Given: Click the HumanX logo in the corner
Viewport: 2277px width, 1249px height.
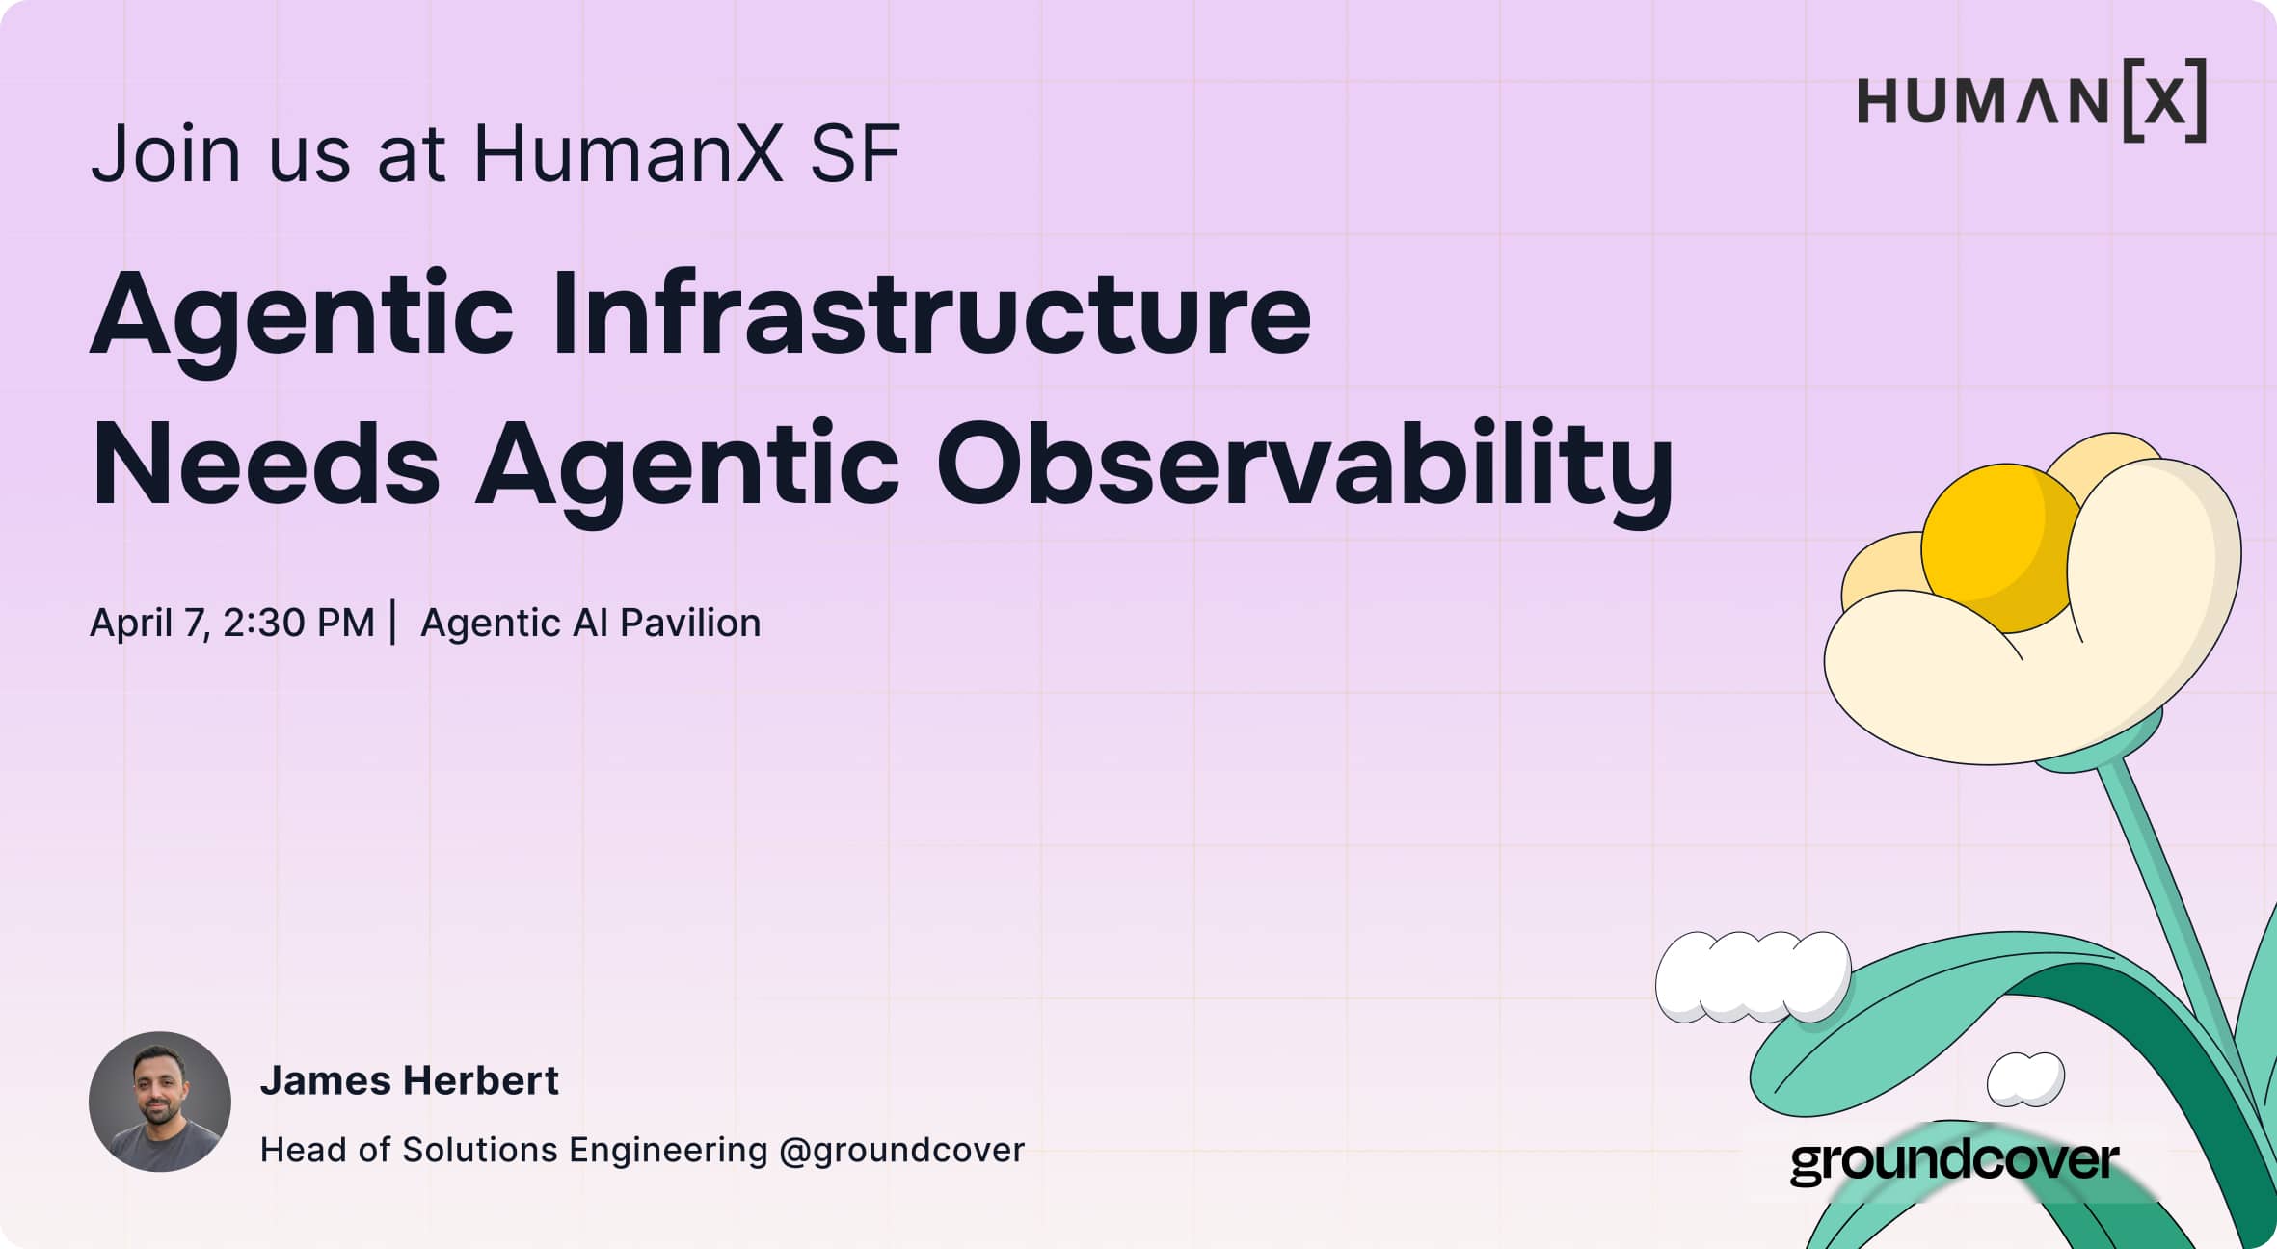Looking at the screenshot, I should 2030,100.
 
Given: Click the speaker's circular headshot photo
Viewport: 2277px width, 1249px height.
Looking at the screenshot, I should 160,1102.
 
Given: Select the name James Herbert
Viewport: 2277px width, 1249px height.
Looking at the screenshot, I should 409,1080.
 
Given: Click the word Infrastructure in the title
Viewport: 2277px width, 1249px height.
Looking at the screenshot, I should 931,313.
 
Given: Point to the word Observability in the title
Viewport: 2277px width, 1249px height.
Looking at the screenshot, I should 1304,465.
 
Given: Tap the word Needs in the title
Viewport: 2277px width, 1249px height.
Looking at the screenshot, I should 265,465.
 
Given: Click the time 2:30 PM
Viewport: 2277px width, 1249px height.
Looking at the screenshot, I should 298,623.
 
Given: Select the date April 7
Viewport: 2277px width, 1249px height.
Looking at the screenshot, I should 148,623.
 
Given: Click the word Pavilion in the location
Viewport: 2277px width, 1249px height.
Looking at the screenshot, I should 689,623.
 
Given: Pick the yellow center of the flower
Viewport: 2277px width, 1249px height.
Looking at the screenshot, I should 1996,545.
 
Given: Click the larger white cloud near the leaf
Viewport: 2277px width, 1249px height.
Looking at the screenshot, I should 1753,976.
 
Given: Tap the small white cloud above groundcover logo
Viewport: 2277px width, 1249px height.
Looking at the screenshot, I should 2025,1078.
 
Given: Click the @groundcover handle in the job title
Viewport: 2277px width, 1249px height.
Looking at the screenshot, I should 901,1150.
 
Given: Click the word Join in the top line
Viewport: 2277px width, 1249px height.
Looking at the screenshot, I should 165,153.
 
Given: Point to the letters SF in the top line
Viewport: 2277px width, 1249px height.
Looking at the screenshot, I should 855,153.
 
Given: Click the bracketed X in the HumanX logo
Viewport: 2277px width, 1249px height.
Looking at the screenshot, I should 2165,100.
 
